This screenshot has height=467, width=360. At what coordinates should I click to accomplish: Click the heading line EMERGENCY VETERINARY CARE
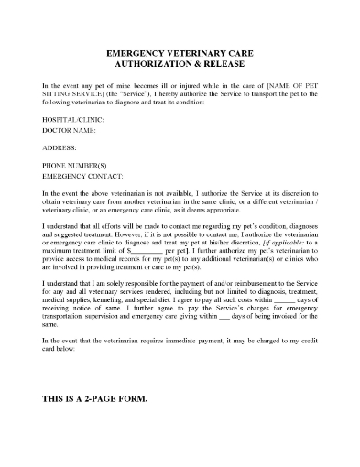click(x=180, y=55)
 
